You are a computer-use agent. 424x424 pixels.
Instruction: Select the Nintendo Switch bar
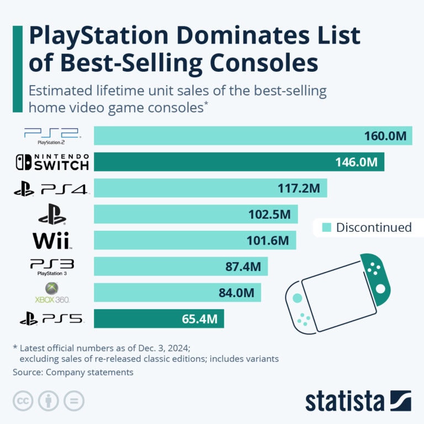point(239,162)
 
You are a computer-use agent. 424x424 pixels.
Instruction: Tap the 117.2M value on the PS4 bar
point(299,188)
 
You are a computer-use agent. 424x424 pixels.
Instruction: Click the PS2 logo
point(52,136)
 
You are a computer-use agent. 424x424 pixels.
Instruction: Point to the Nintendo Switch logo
point(52,162)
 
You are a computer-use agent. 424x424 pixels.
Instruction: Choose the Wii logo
point(52,240)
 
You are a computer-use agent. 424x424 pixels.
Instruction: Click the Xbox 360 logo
point(52,293)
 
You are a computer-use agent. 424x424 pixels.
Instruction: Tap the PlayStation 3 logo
point(52,267)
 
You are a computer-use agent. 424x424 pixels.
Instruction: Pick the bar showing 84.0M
point(177,293)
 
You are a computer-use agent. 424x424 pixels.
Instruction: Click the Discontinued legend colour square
point(326,227)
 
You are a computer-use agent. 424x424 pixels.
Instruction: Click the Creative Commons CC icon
point(23,400)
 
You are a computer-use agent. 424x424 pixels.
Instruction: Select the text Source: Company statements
point(73,372)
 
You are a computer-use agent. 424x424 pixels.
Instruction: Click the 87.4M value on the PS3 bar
point(243,267)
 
